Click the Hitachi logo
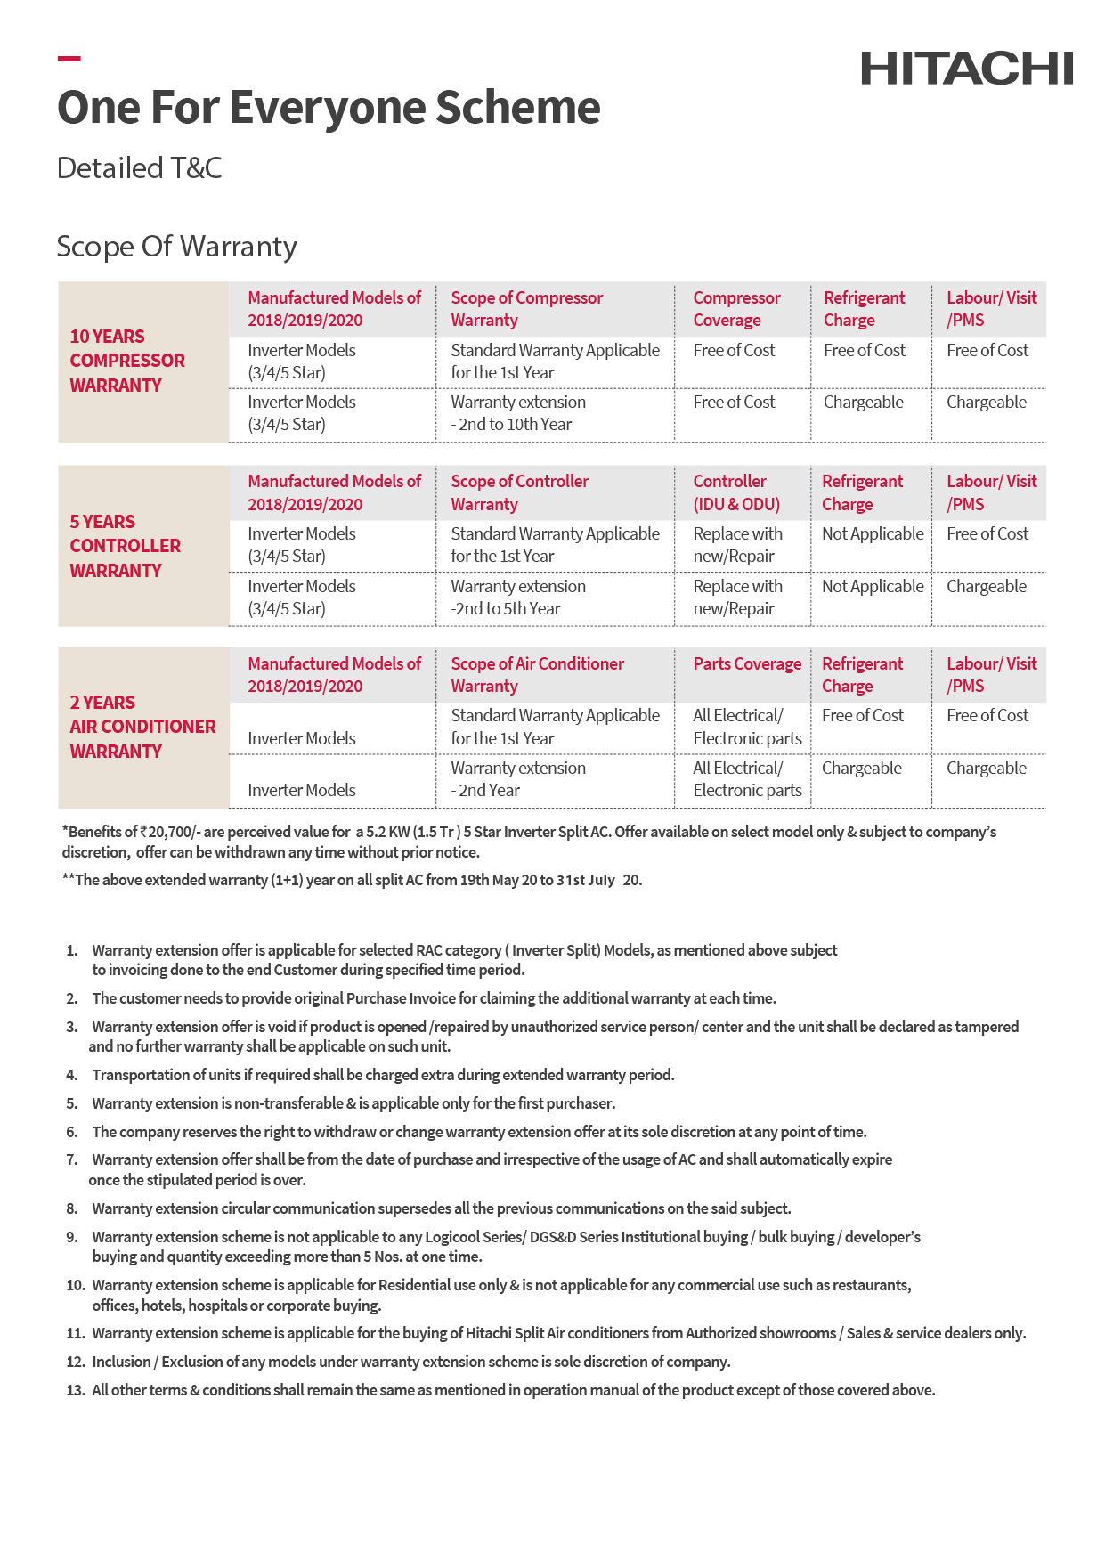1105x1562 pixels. [x=966, y=69]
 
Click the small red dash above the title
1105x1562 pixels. [x=69, y=59]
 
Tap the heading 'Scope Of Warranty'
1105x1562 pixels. [x=176, y=247]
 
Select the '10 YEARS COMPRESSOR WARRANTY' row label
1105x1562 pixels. [x=127, y=361]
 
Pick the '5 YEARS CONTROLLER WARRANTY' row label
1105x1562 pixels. [x=125, y=546]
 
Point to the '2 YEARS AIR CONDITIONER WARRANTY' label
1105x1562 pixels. [x=142, y=727]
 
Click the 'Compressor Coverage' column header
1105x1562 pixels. [x=736, y=309]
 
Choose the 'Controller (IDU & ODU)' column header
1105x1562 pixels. [x=736, y=492]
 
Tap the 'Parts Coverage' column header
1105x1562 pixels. [x=747, y=664]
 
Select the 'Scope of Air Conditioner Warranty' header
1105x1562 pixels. [x=537, y=675]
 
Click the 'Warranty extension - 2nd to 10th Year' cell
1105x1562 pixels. [x=518, y=413]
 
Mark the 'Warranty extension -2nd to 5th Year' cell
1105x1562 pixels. [x=518, y=598]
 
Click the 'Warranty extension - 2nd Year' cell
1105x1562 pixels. [x=518, y=779]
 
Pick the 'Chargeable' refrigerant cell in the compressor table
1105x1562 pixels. [x=863, y=403]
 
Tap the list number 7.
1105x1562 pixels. [x=71, y=1159]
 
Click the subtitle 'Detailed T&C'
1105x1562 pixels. [x=140, y=168]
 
